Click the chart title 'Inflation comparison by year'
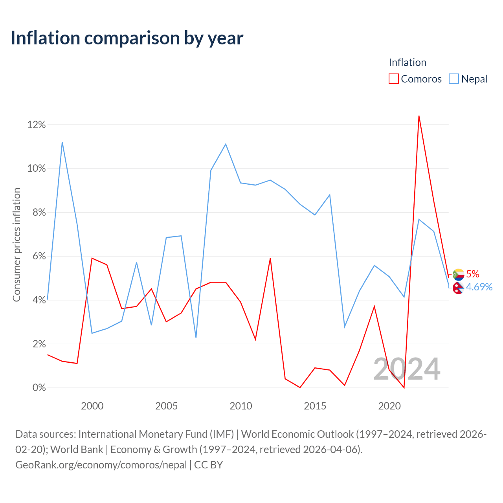point(127,39)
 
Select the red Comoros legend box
point(393,79)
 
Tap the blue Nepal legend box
point(453,79)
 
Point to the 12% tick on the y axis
point(37,125)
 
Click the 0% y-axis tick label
point(39,387)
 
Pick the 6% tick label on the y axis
point(39,256)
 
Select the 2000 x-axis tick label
point(92,406)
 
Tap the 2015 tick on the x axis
point(315,406)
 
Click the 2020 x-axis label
point(389,406)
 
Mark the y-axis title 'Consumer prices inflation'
point(17,245)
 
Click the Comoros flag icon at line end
point(458,274)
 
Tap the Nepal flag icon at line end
point(458,288)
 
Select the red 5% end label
point(472,274)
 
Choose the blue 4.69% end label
point(479,287)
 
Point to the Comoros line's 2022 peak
point(419,116)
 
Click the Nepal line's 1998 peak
point(62,142)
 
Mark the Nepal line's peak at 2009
point(226,144)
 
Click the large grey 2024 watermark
point(407,369)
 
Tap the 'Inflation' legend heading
point(408,62)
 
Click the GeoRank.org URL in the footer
point(101,465)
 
